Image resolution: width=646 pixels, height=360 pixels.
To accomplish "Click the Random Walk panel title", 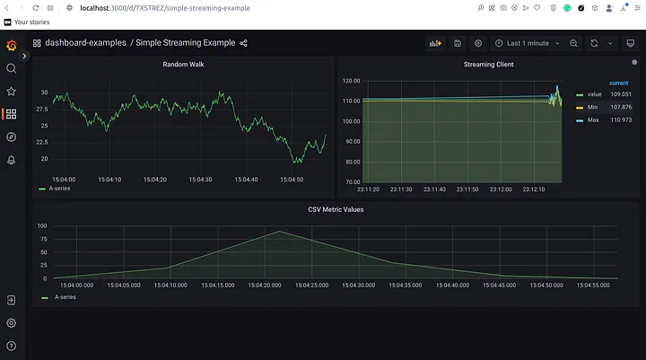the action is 183,65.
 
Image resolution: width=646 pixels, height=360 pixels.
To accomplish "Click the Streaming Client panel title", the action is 489,65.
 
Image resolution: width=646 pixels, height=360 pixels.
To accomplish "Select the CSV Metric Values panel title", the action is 336,209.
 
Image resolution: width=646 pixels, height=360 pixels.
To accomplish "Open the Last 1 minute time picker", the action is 528,43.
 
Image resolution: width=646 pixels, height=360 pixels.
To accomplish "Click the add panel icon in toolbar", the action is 435,43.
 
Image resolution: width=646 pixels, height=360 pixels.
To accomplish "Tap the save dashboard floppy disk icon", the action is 458,43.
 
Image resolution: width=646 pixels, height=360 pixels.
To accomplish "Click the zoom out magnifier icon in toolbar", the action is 573,43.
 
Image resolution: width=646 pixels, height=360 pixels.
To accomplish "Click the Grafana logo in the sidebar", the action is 12,46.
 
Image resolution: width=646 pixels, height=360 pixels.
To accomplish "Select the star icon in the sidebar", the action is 11,92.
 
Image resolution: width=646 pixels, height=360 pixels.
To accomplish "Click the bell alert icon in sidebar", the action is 11,160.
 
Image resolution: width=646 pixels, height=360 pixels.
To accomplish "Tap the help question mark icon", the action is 11,346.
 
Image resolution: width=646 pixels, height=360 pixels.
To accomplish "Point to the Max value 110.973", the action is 621,120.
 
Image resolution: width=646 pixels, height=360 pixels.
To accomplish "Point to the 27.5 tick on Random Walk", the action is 42,110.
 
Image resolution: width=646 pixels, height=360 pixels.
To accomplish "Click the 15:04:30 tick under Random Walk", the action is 200,180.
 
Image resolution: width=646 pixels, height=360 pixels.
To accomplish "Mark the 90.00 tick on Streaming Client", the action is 353,142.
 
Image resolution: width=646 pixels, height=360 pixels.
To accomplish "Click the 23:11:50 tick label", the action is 467,189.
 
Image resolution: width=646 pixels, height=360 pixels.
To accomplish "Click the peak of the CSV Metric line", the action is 280,231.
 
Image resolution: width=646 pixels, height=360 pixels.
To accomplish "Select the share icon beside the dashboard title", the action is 243,43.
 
